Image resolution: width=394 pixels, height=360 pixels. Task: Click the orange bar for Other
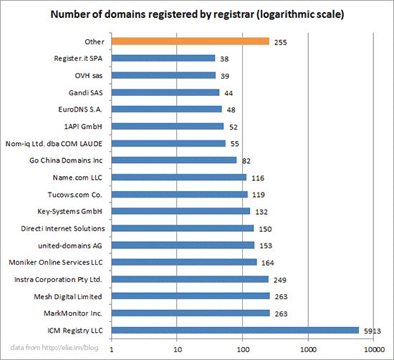190,42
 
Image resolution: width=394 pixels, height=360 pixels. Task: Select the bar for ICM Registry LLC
235,330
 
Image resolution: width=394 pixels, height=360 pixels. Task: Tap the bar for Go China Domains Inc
174,160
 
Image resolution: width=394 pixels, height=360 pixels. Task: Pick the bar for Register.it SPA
163,58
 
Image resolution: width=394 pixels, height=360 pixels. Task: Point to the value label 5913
373,330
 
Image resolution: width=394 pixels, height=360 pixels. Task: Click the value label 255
281,42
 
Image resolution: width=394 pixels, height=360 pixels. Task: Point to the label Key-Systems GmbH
71,211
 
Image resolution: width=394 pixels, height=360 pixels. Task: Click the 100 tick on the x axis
242,349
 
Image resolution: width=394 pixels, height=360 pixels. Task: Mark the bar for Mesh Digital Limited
191,296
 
